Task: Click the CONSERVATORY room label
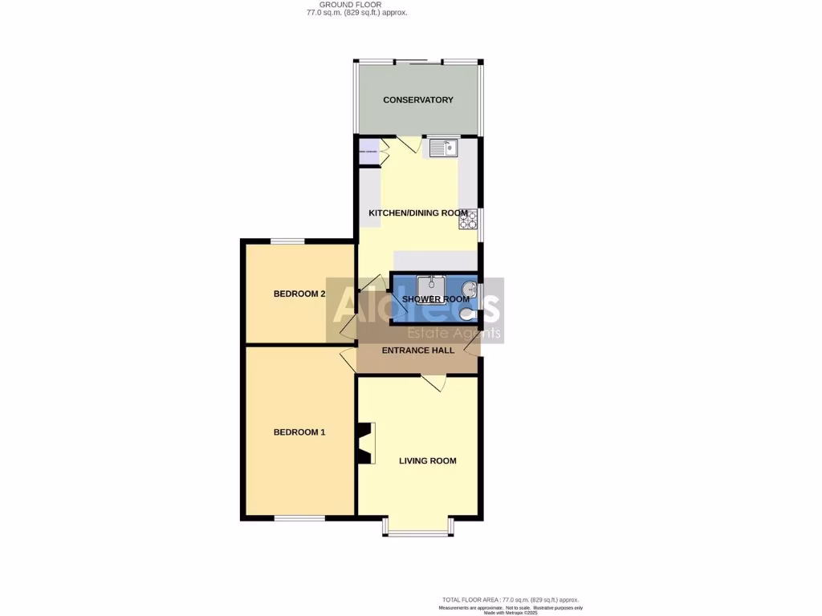(x=418, y=100)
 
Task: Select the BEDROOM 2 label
(x=299, y=294)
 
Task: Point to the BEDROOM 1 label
(x=299, y=432)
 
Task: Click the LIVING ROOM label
(x=428, y=460)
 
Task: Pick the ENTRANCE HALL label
(x=417, y=351)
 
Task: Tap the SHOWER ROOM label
(x=436, y=299)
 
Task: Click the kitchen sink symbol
(x=442, y=148)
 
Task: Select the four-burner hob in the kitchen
(x=468, y=219)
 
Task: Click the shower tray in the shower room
(x=431, y=286)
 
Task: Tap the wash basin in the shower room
(x=471, y=288)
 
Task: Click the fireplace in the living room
(x=365, y=444)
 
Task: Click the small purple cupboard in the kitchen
(x=369, y=151)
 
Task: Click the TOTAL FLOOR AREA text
(x=510, y=600)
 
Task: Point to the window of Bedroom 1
(x=299, y=518)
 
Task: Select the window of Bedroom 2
(x=287, y=241)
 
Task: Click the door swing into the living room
(x=434, y=383)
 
